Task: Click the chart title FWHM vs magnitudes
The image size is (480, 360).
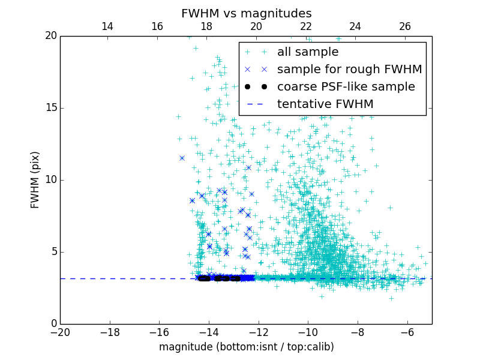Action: click(246, 13)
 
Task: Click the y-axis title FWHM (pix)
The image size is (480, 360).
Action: click(35, 180)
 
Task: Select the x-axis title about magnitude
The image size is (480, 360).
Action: click(246, 347)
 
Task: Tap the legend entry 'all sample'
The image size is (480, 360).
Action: click(308, 52)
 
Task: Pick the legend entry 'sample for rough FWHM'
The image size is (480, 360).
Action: click(349, 70)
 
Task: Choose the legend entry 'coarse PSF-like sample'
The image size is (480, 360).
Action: click(346, 87)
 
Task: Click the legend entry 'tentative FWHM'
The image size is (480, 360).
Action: click(325, 104)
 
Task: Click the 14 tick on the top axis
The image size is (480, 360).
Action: click(107, 26)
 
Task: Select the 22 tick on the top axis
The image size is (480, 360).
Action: click(306, 26)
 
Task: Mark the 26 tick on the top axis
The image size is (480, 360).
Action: click(405, 26)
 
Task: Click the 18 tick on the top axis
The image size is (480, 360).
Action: click(206, 26)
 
